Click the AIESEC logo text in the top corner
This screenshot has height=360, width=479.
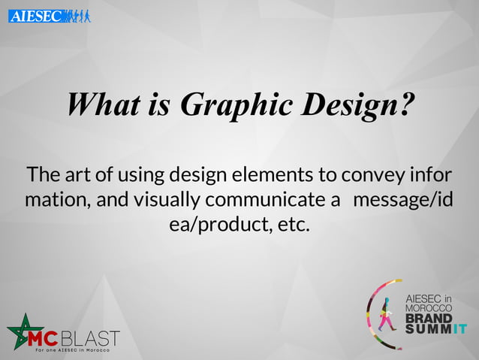point(35,15)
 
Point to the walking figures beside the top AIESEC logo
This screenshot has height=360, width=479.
point(77,15)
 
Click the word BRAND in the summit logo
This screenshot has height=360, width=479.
point(429,319)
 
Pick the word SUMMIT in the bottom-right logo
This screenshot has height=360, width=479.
point(435,328)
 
